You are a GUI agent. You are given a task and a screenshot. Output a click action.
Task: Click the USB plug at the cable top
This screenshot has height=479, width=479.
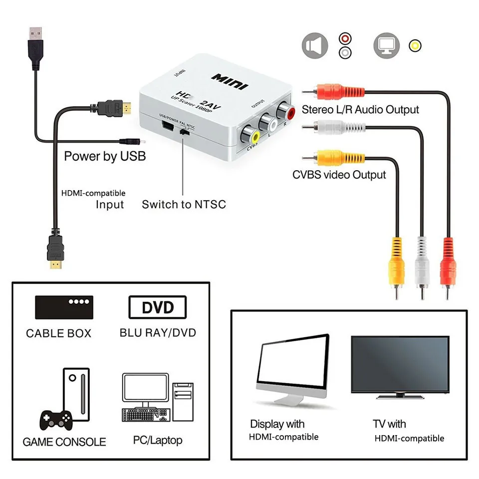coord(34,37)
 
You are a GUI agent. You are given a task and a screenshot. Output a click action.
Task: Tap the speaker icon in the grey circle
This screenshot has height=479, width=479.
coord(314,45)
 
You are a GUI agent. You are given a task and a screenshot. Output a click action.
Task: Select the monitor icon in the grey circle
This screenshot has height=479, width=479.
coord(387,45)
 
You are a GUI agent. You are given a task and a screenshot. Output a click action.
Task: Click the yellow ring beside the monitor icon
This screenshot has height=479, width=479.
coord(414,46)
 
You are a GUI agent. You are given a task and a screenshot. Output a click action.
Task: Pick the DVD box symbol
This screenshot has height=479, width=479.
coord(157,307)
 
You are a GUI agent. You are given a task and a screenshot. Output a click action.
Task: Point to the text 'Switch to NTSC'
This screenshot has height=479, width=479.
coord(184,204)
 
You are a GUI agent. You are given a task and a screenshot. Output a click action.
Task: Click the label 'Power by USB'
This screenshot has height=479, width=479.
coord(105,156)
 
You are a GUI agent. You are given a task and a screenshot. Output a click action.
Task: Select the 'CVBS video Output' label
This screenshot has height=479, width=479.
coord(339,175)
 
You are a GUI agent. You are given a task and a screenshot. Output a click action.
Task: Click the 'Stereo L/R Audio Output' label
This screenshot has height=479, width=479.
coord(360,109)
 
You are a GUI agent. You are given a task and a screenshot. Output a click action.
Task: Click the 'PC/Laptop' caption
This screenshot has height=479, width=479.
coord(157,440)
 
